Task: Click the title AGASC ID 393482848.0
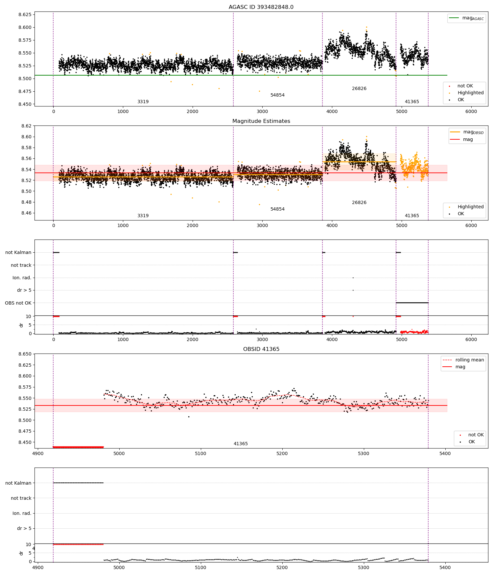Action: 261,7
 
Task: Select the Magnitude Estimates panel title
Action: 261,121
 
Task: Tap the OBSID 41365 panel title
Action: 261,349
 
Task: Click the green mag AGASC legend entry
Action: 466,18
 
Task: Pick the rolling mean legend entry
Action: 463,360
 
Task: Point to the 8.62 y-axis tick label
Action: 27,126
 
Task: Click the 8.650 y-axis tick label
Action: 25,354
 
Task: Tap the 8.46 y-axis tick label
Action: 27,213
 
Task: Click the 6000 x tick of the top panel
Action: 471,111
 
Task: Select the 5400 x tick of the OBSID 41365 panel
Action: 445,453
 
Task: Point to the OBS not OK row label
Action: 18,303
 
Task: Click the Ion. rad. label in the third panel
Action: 22,278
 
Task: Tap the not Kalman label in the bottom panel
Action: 18,483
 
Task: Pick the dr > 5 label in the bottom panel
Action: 24,528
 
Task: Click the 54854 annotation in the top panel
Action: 277,95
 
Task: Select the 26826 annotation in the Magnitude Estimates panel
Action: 359,202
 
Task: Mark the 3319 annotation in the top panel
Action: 143,102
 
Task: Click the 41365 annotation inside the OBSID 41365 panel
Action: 241,444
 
